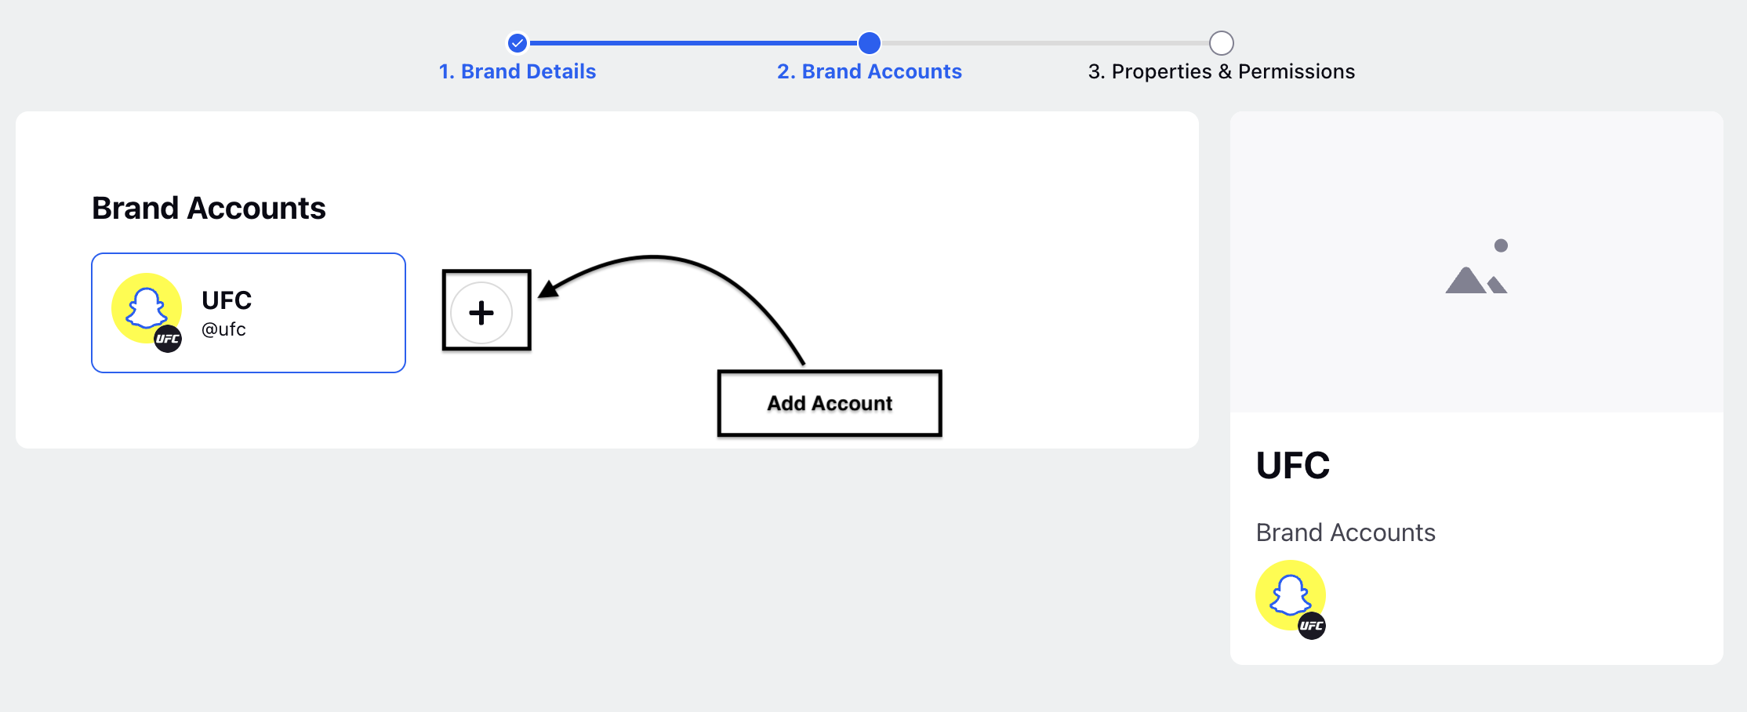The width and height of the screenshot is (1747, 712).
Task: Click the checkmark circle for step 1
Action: pos(518,43)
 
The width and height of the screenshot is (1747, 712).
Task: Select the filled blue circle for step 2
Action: pos(870,43)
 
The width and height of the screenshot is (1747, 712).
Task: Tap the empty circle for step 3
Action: pos(1222,43)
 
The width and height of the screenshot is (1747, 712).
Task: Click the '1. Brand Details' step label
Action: pos(518,71)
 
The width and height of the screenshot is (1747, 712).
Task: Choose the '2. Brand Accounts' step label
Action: pos(870,71)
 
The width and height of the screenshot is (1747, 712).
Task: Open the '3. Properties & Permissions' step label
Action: pos(1222,71)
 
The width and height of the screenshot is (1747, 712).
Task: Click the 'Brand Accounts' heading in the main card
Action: pos(209,208)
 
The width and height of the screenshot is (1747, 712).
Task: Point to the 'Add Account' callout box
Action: pos(830,403)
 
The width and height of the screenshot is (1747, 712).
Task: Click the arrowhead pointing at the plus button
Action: pos(548,289)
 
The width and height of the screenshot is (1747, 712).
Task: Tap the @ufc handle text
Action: pos(223,329)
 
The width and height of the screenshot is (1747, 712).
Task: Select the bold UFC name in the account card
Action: pos(227,300)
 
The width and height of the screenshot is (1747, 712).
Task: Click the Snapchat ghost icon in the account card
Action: pos(147,308)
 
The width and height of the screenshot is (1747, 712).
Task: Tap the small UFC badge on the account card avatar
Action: pos(168,339)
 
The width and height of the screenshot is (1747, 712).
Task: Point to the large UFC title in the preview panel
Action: pos(1293,465)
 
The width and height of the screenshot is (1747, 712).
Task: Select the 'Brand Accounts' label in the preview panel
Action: pos(1346,532)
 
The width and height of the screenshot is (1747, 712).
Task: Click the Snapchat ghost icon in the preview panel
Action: pos(1291,595)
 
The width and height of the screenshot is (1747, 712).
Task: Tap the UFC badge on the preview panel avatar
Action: pos(1312,626)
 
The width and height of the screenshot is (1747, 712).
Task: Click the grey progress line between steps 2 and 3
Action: pos(1045,43)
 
